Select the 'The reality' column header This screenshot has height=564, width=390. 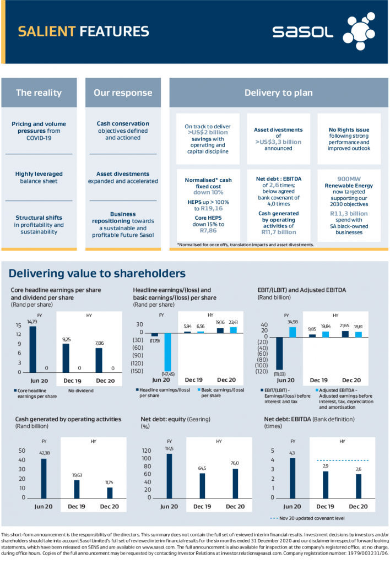(x=39, y=93)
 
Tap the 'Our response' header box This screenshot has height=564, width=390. (x=123, y=93)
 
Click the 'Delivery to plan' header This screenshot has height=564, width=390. (x=278, y=93)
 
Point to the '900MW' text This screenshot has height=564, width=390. (x=349, y=178)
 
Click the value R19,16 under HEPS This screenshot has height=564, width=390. (x=212, y=209)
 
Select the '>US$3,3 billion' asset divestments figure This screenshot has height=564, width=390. (x=278, y=142)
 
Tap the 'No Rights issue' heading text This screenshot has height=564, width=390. (x=349, y=130)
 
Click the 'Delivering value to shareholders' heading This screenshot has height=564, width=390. (x=97, y=273)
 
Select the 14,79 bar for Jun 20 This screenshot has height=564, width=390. (x=32, y=349)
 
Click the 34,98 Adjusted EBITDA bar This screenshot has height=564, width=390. (x=292, y=332)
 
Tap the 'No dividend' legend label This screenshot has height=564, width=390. (x=80, y=391)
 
